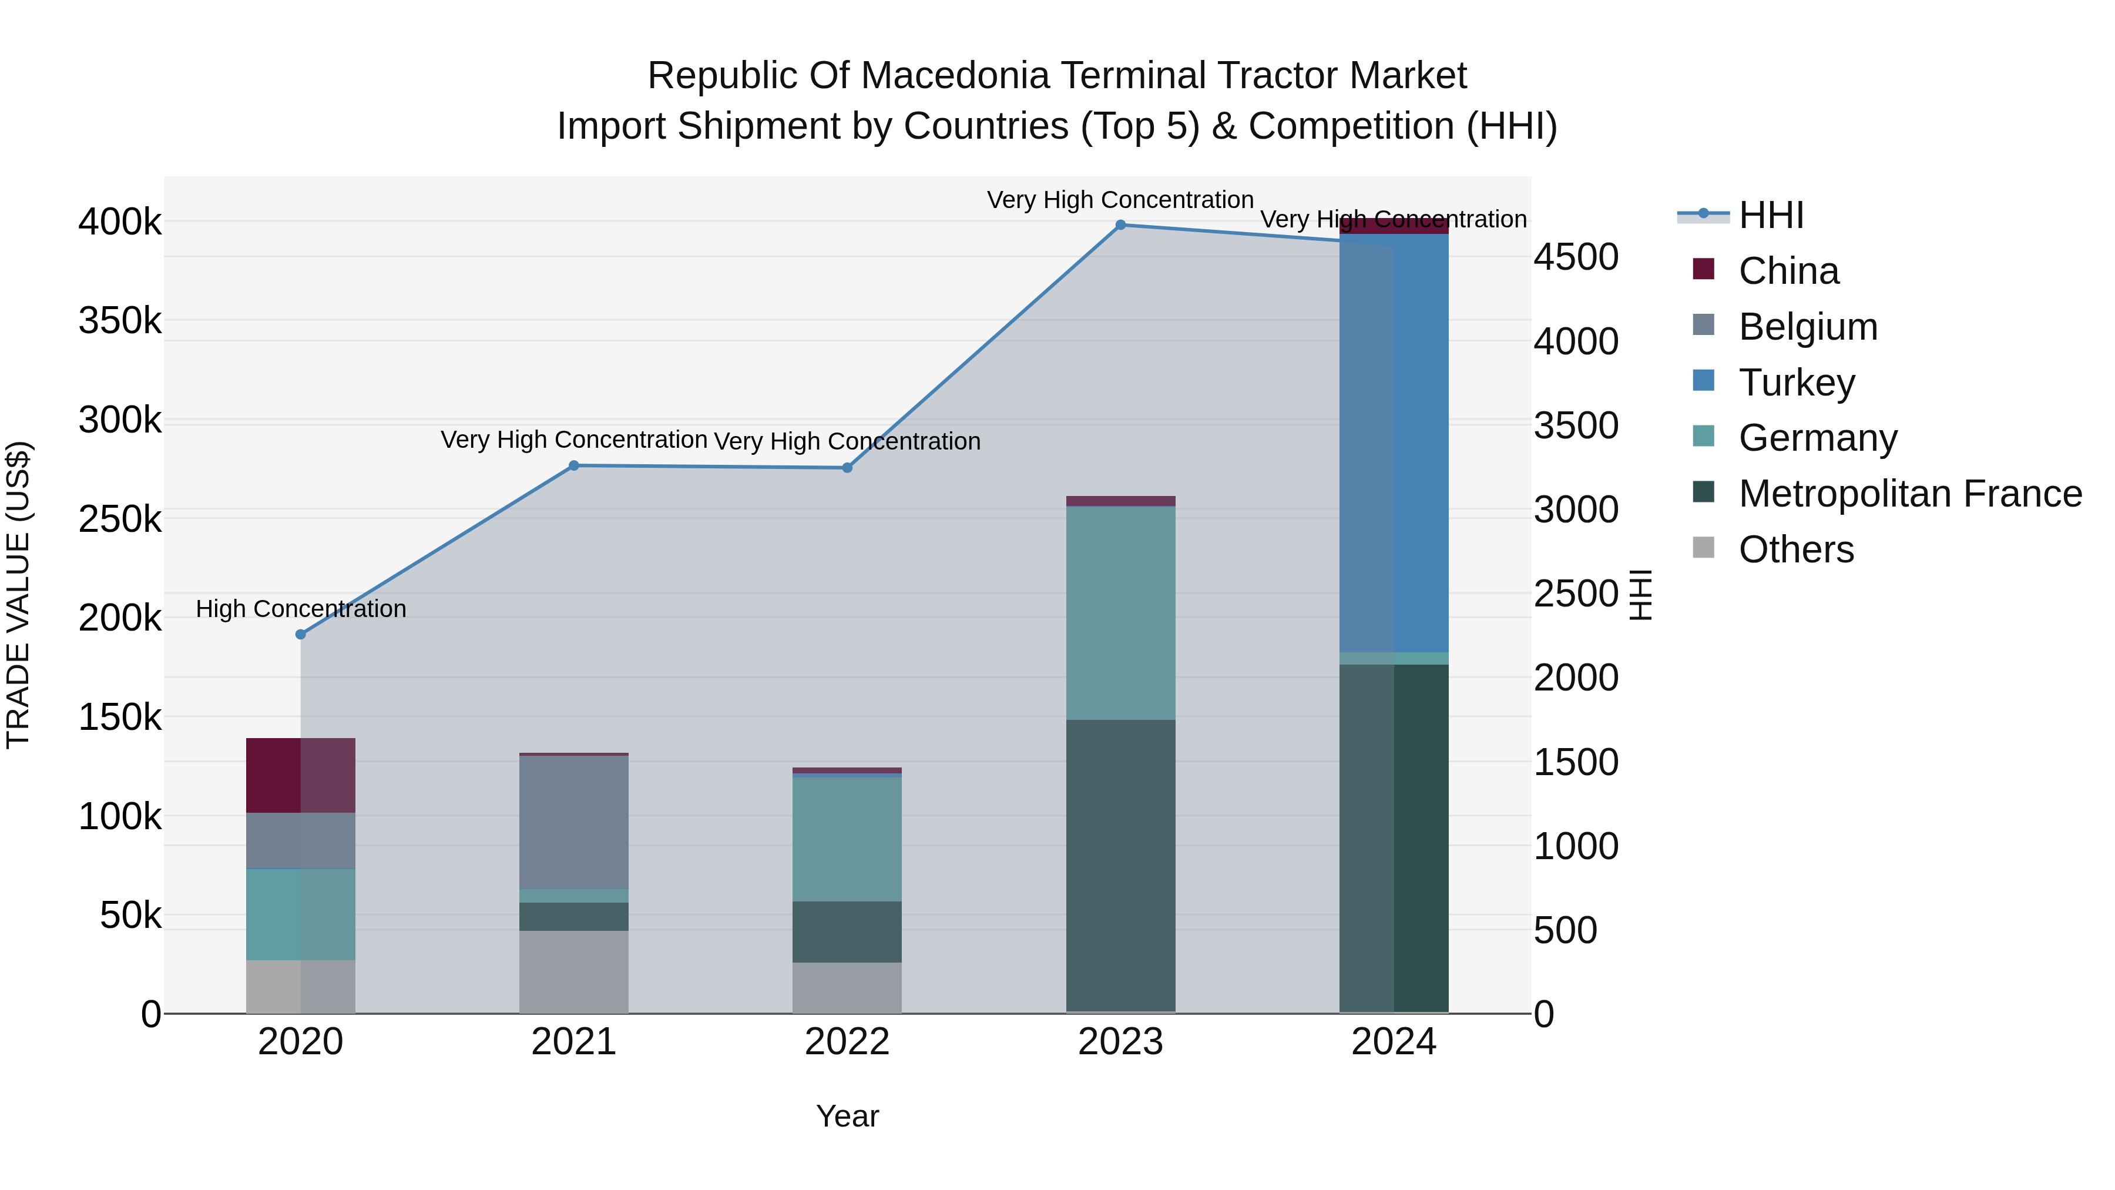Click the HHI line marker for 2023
(x=1121, y=225)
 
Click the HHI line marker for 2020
(x=300, y=634)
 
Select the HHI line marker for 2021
(x=574, y=465)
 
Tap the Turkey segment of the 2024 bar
(x=1394, y=444)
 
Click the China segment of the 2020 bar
(x=300, y=775)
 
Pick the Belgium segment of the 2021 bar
(x=574, y=822)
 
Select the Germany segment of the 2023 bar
(x=1121, y=613)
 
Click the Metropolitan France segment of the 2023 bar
(x=1121, y=866)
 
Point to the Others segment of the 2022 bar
(x=847, y=987)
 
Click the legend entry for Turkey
(x=1797, y=382)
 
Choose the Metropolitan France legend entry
(x=1910, y=494)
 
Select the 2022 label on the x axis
(x=847, y=1042)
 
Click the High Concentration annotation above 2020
(x=300, y=609)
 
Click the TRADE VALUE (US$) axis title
(x=18, y=595)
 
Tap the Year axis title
(x=847, y=1116)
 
